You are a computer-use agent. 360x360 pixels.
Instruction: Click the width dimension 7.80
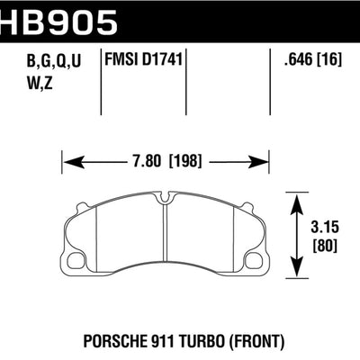[x=146, y=163]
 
